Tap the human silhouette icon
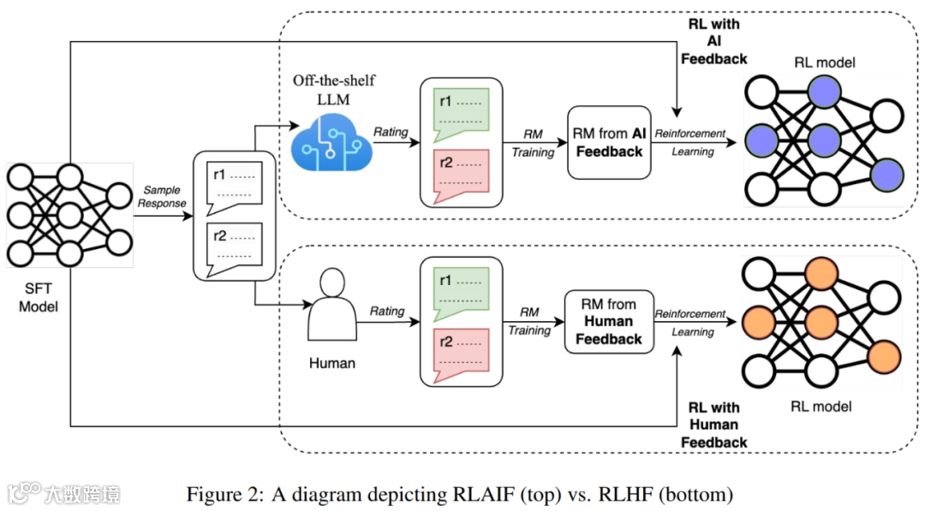click(331, 306)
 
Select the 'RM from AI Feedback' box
click(609, 142)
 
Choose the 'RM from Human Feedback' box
click(609, 322)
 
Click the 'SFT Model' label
click(38, 297)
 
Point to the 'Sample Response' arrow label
click(162, 197)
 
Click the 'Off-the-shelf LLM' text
click(334, 88)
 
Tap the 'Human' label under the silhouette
click(331, 363)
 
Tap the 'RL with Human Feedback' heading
click(713, 425)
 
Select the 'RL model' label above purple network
click(823, 62)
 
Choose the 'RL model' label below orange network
click(821, 406)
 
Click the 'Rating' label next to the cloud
click(390, 132)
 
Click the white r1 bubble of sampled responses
click(233, 182)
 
